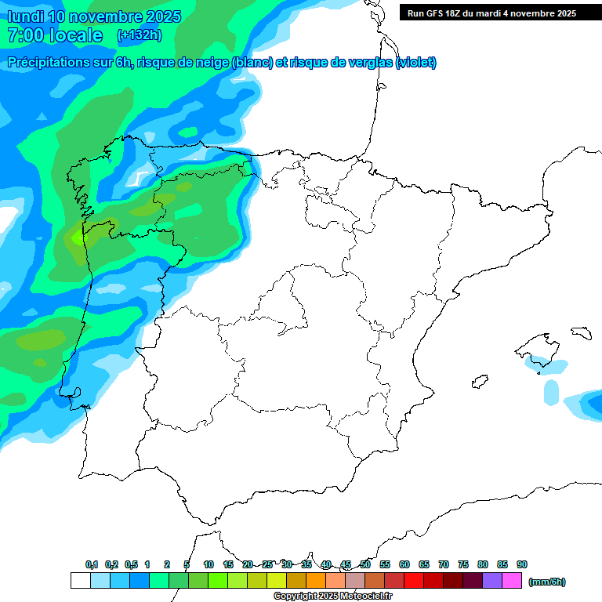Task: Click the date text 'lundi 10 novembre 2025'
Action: (93, 16)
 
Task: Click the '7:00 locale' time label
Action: (54, 35)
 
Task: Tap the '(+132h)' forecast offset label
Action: (139, 34)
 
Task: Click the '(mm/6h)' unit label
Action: (546, 582)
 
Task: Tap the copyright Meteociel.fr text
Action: (334, 597)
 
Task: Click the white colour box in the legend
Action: (80, 581)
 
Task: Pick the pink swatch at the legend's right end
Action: (512, 581)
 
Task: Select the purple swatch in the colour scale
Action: (492, 581)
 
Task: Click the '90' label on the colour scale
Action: (522, 564)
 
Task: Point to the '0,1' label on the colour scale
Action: (92, 564)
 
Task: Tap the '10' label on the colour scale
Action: (209, 564)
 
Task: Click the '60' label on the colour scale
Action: (404, 564)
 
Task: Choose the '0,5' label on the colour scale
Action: (131, 564)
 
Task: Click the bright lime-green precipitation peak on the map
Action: (77, 235)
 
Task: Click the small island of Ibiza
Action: (477, 382)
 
